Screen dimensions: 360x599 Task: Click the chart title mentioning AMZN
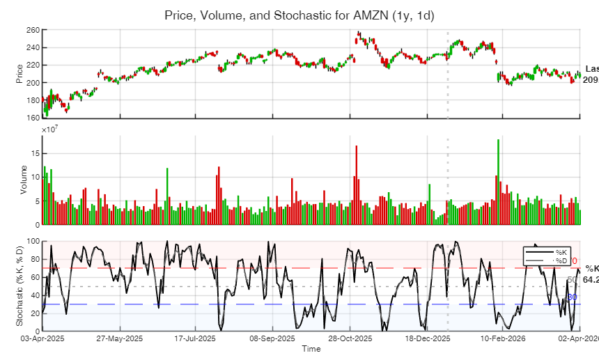[x=299, y=15]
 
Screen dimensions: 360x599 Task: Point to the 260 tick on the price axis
[x=32, y=30]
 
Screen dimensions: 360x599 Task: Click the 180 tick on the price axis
[x=32, y=100]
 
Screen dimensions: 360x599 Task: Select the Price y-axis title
[x=20, y=73]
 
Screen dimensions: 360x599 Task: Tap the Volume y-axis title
[x=24, y=180]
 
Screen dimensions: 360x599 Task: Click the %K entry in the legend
[x=561, y=251]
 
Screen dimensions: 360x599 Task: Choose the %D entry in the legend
[x=561, y=260]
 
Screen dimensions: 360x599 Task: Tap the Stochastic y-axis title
[x=20, y=286]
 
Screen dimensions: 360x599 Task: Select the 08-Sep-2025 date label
[x=272, y=339]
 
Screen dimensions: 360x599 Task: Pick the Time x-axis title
[x=311, y=349]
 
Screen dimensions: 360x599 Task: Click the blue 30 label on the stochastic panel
[x=572, y=297]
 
